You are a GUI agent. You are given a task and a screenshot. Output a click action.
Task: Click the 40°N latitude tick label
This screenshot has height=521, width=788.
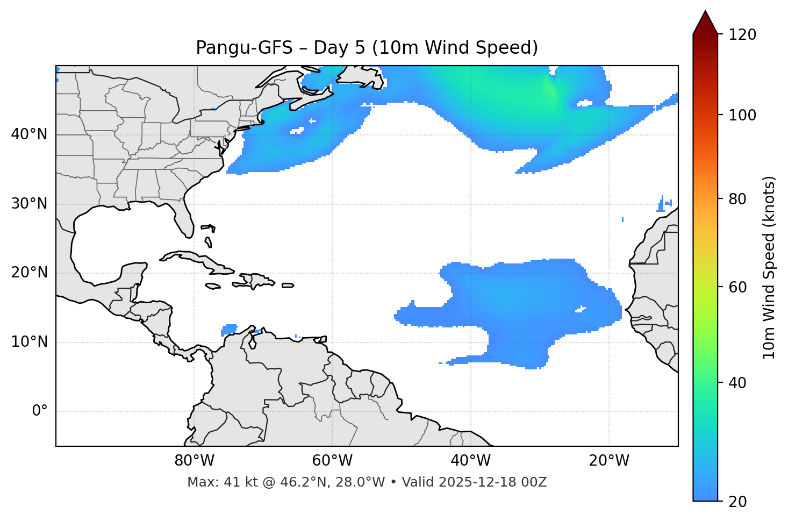[29, 134]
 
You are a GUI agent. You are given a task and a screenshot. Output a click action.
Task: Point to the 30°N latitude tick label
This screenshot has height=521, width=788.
[29, 204]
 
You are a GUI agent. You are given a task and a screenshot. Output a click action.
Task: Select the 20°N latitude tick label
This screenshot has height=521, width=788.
[29, 273]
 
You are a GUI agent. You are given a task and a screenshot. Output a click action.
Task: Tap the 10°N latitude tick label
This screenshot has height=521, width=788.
[29, 342]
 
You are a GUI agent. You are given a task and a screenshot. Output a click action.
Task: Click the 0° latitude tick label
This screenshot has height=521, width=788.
[39, 411]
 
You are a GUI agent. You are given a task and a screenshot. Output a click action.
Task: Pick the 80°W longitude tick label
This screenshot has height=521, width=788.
[194, 461]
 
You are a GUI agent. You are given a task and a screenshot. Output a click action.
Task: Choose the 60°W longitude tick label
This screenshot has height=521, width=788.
[332, 461]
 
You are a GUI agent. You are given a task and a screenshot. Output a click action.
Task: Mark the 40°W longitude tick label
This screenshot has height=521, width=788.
[470, 461]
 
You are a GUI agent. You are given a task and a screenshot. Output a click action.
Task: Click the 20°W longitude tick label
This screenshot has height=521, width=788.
[608, 461]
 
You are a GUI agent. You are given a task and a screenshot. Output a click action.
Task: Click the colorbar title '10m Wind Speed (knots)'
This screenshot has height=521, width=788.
[769, 267]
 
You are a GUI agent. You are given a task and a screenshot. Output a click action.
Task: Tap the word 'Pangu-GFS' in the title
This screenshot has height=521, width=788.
[244, 48]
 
